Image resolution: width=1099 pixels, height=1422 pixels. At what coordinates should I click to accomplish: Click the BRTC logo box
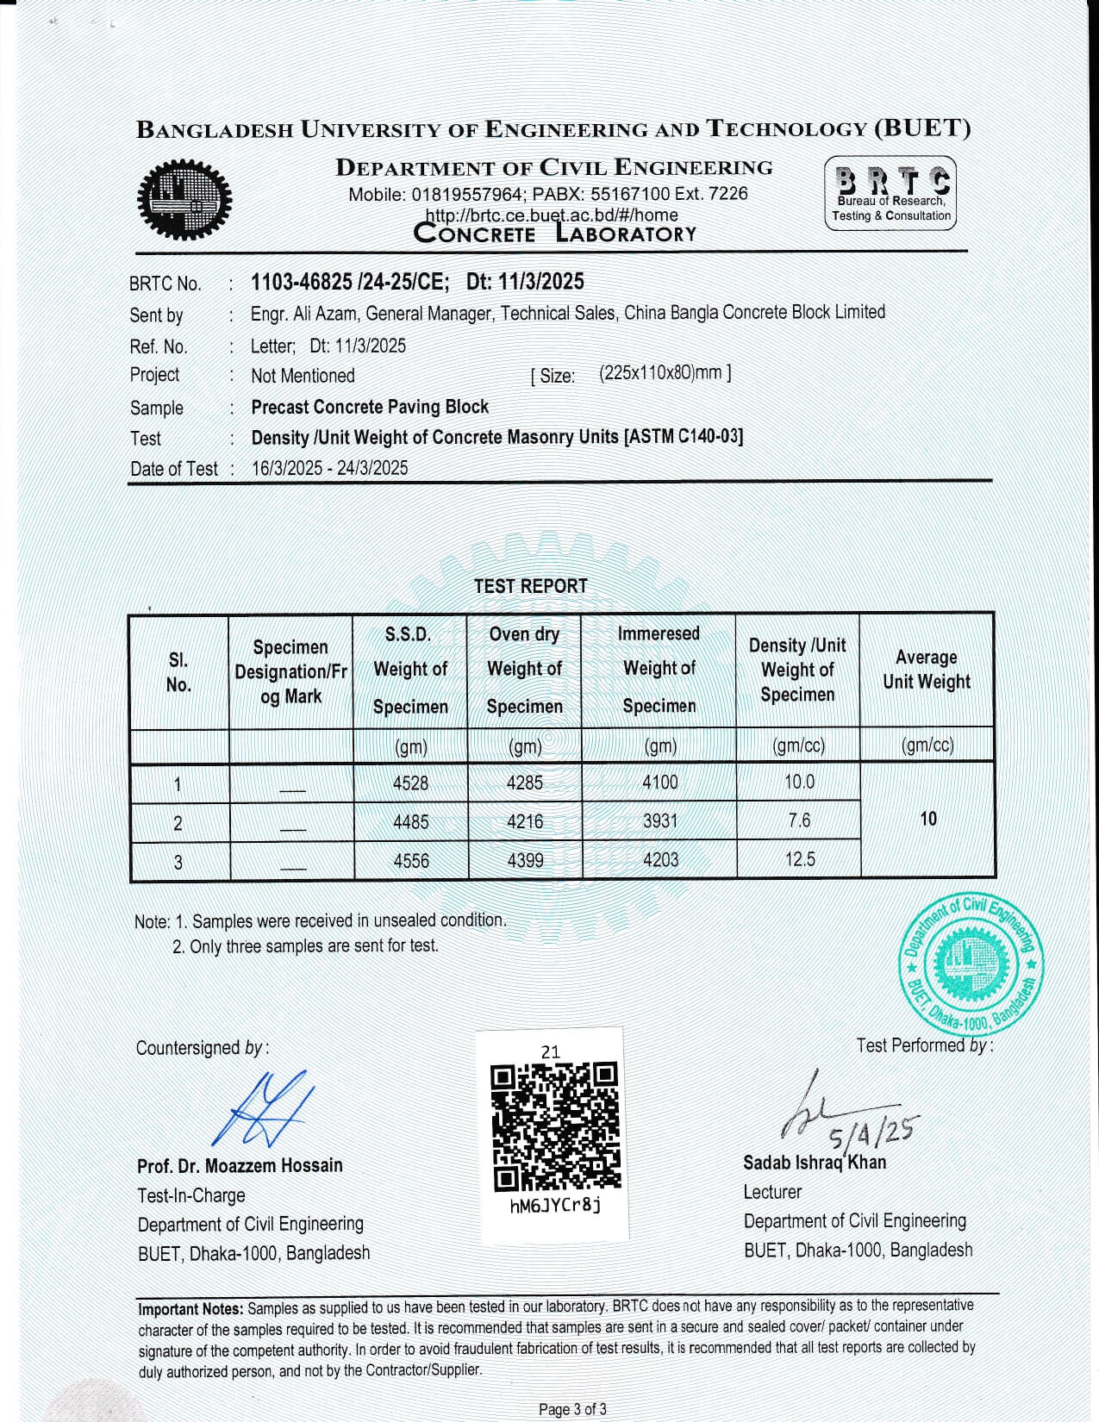pos(890,193)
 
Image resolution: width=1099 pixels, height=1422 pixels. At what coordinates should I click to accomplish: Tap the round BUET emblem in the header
pos(184,201)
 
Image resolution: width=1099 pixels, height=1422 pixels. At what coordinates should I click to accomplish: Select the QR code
pos(554,1126)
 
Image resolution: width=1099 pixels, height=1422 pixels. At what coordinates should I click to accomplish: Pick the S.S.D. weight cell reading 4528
pos(410,783)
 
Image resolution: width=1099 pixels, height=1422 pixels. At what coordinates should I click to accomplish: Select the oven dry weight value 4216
pos(525,821)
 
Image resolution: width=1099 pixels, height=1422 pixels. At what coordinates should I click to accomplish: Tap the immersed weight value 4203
pos(660,860)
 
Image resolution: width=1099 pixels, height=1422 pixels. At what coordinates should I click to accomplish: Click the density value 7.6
pos(799,820)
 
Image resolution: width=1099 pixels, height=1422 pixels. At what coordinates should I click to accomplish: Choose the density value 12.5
pos(800,859)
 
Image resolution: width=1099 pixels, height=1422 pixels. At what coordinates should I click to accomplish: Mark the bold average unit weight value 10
pos(928,819)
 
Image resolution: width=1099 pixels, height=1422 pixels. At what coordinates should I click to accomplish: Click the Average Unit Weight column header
pos(927,670)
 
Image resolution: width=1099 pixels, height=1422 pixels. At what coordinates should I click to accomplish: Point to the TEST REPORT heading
pos(530,586)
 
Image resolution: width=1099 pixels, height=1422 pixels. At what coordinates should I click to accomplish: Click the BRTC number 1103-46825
pos(301,282)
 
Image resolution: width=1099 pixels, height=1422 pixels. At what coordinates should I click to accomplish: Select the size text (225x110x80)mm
pos(665,374)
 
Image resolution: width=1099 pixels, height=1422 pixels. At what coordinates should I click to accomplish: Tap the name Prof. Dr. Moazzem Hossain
pos(240,1166)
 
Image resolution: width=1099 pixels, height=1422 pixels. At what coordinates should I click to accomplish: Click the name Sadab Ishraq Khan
pos(815,1163)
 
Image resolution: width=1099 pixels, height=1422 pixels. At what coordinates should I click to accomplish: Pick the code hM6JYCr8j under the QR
pos(555,1205)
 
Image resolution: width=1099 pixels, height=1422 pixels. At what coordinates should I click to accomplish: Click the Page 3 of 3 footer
pos(572,1409)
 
